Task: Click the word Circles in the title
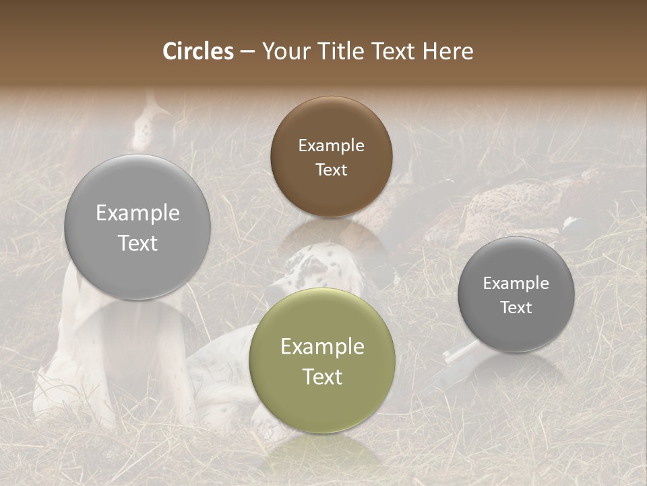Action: click(198, 51)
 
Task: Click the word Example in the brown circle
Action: click(331, 145)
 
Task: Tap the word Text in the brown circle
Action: click(331, 169)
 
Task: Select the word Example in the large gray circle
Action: click(137, 213)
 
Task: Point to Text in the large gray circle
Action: click(137, 243)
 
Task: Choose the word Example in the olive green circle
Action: click(322, 346)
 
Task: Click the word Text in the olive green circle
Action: click(322, 377)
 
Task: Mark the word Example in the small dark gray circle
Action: click(516, 283)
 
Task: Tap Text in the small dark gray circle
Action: click(516, 307)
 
